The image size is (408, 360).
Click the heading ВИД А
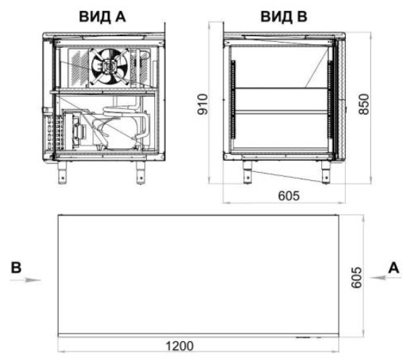point(102,17)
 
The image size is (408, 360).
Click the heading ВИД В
point(284,17)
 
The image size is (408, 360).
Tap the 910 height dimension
point(203,104)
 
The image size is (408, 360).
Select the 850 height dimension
point(363,104)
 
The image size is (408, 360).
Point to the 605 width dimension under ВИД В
point(289,195)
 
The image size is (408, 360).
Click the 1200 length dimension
point(179,346)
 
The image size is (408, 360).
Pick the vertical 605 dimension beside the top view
point(357,278)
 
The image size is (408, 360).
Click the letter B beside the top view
point(16,267)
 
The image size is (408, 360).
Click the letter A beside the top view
point(394,267)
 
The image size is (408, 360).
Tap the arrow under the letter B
point(25,280)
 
